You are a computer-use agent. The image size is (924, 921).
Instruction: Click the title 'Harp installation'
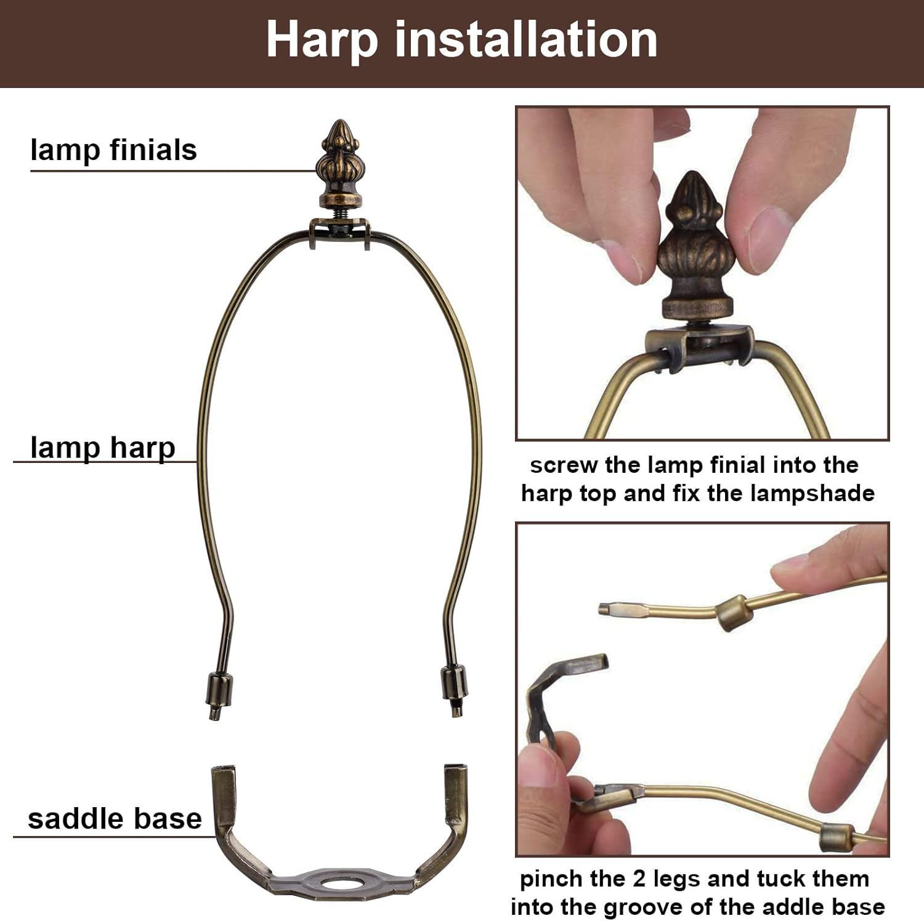(461, 40)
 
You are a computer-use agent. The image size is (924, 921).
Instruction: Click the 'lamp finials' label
(113, 150)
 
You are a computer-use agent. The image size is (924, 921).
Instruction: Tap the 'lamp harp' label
(102, 448)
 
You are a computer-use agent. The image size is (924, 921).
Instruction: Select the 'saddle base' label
(115, 819)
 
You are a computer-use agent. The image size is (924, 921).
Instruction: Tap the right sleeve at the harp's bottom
(454, 682)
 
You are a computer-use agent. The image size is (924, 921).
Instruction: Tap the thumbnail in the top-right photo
(770, 237)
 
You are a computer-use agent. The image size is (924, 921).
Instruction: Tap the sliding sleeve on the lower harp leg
(837, 837)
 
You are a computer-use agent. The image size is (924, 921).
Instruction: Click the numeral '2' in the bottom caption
(639, 879)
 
